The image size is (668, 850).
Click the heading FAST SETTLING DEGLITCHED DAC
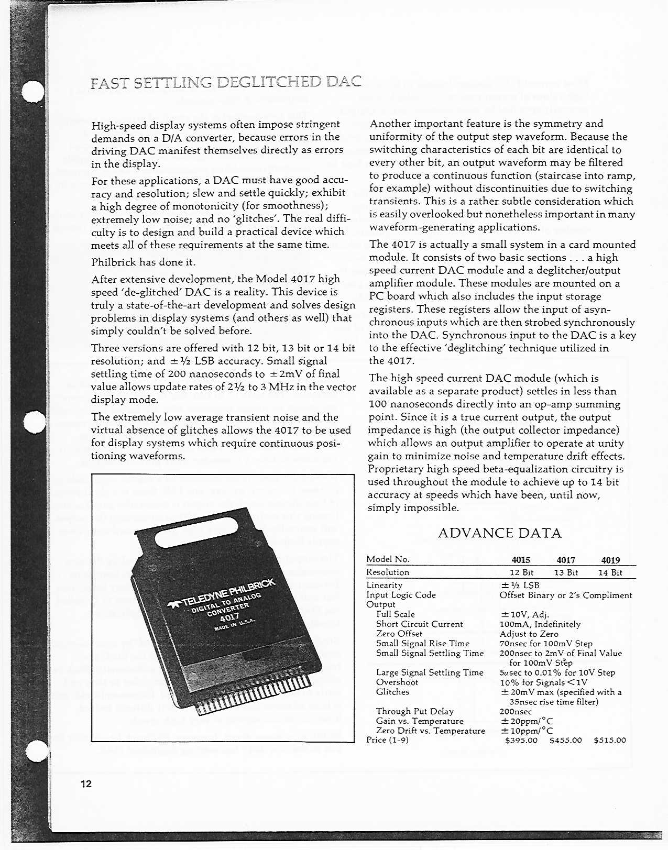(x=226, y=83)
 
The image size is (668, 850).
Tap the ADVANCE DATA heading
(x=499, y=533)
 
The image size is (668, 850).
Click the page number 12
(x=86, y=784)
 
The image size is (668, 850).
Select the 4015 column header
(x=521, y=560)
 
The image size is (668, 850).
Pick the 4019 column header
(x=610, y=560)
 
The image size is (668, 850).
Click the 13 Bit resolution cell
(x=566, y=572)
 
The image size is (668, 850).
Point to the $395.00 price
(x=521, y=740)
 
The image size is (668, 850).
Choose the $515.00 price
(x=610, y=740)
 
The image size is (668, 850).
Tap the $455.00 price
(x=565, y=740)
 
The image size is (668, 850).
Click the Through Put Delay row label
(x=414, y=711)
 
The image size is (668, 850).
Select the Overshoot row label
(x=397, y=682)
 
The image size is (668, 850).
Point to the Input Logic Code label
(x=401, y=595)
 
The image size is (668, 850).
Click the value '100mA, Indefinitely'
(x=540, y=624)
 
